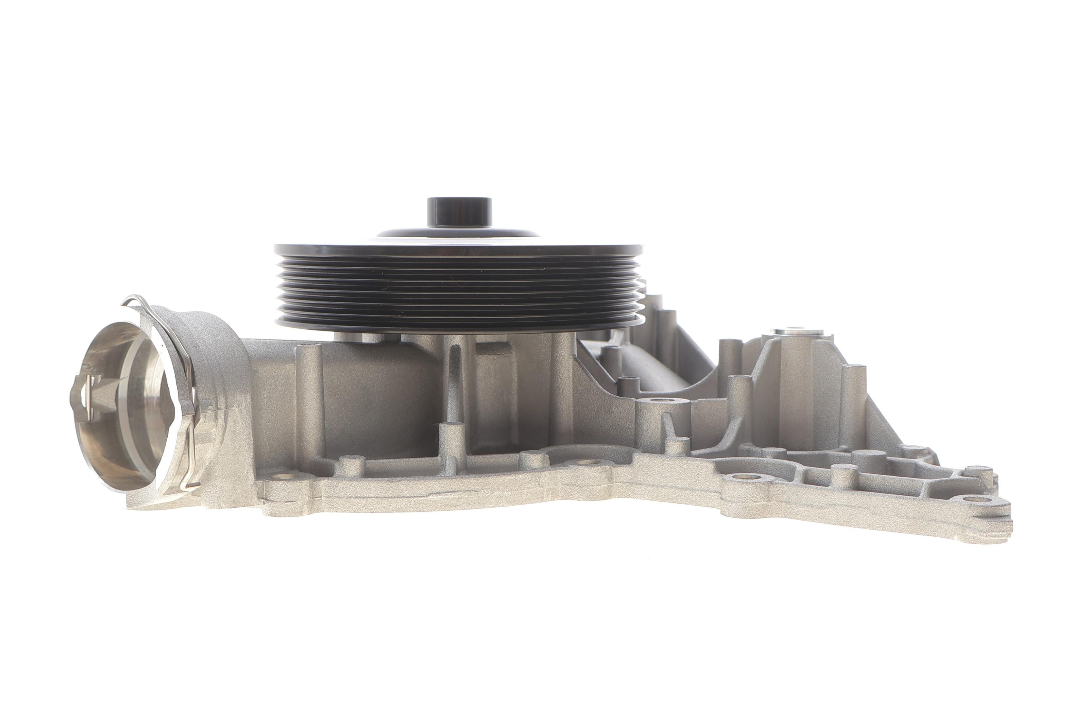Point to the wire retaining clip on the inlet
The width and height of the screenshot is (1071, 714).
[x=182, y=346]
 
